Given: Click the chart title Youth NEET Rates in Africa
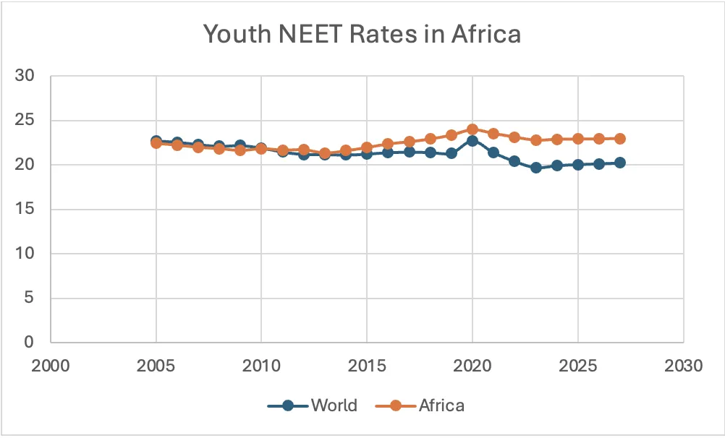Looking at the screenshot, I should click(x=362, y=34).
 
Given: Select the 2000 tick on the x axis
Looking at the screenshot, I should click(x=50, y=365).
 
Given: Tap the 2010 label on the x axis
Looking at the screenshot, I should click(x=261, y=365).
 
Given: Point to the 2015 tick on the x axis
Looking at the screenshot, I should click(x=367, y=365).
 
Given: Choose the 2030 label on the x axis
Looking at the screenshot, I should click(x=684, y=365).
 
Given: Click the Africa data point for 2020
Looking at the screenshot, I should click(x=472, y=129).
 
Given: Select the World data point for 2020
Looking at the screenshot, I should click(x=472, y=141).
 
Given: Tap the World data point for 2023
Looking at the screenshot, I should click(x=536, y=167).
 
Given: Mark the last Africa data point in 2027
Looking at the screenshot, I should click(x=620, y=138).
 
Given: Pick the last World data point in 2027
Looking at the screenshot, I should click(x=620, y=163).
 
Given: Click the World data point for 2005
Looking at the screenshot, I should click(x=156, y=141).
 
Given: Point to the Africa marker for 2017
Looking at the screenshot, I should click(x=409, y=142).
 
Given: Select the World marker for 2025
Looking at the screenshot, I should click(x=578, y=165).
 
